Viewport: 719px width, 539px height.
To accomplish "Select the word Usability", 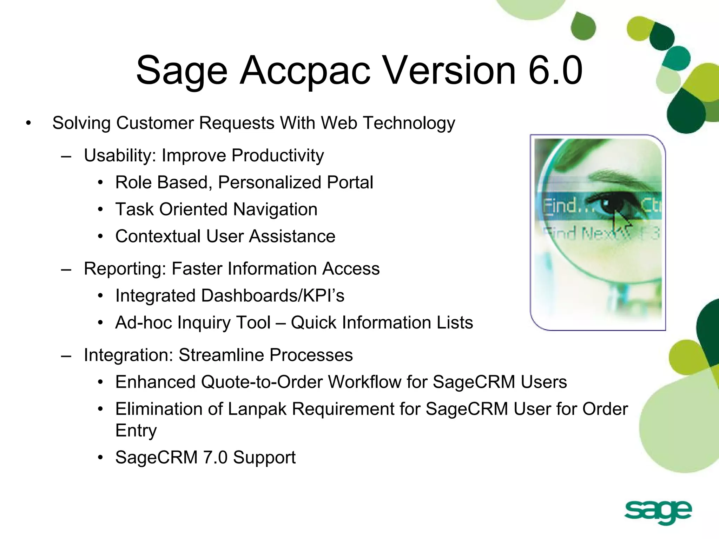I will (x=119, y=155).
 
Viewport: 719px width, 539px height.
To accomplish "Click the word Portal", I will (x=350, y=182).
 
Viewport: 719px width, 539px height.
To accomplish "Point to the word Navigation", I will (x=275, y=209).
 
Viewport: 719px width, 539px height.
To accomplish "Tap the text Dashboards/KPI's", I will (x=272, y=295).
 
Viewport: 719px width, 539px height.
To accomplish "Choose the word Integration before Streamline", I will (x=128, y=355).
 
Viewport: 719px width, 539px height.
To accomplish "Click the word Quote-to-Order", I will (x=262, y=382).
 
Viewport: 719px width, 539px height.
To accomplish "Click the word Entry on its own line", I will (x=136, y=431).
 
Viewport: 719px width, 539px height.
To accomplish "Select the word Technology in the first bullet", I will (x=409, y=124).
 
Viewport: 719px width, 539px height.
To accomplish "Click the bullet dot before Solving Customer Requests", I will (x=28, y=123).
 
